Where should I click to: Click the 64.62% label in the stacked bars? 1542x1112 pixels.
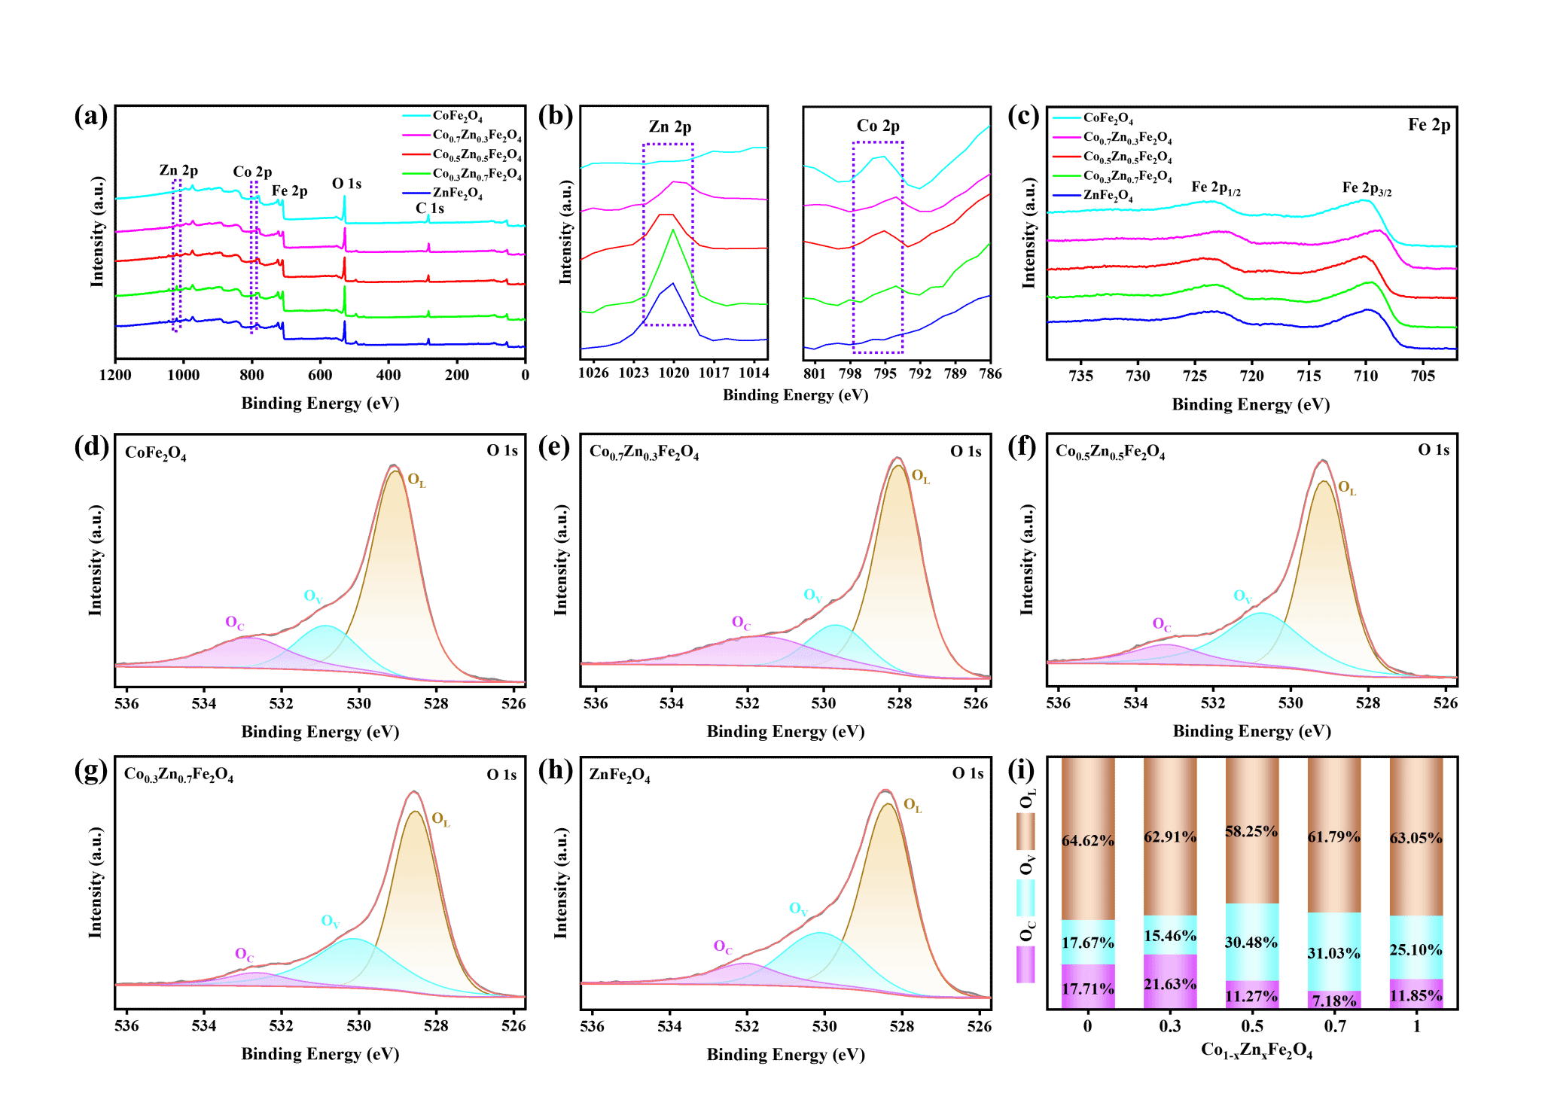coord(1088,840)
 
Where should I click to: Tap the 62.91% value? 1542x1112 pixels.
coord(1170,836)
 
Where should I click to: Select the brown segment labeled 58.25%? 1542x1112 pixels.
coord(1252,831)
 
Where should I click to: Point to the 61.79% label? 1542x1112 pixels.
coord(1333,836)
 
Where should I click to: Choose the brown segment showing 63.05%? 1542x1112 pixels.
coord(1416,838)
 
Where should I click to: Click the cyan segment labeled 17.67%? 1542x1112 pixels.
coord(1088,943)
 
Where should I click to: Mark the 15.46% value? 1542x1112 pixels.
coord(1170,936)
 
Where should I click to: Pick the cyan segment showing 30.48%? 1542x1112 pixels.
coord(1252,943)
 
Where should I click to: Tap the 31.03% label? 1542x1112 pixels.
coord(1333,953)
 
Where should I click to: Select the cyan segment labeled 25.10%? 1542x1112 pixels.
coord(1416,950)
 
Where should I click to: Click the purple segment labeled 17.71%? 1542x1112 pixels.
coord(1088,989)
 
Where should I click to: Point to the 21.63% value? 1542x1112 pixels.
coord(1170,984)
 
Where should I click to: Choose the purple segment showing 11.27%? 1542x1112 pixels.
coord(1252,997)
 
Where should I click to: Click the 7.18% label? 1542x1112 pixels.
coord(1333,1001)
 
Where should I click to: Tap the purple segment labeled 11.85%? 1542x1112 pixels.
coord(1416,995)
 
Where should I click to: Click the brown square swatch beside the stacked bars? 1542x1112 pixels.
coord(1025,831)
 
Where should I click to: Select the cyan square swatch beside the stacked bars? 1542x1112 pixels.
coord(1025,897)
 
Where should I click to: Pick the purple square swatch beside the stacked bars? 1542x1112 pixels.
coord(1025,964)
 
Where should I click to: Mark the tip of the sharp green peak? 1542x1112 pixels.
coord(673,230)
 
